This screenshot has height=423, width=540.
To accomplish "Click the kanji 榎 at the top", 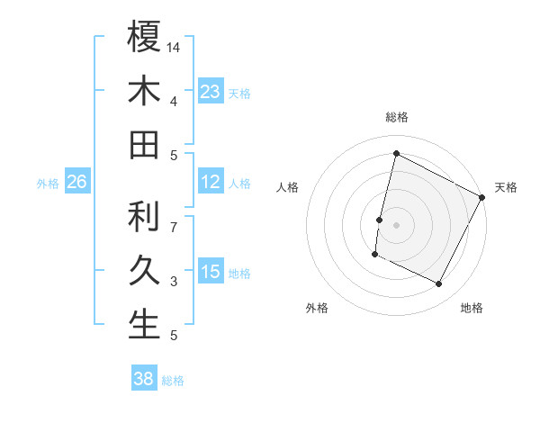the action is coord(144,37).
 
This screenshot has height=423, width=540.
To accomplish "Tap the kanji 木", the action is coord(144,91).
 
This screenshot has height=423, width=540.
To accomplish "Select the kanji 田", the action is coord(144,145).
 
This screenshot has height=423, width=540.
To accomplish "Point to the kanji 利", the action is coord(144,216).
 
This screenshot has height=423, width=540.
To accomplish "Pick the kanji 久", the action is coord(144,270).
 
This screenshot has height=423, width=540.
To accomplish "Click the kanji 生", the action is coord(144,324).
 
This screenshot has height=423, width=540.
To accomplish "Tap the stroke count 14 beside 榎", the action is coord(174,47).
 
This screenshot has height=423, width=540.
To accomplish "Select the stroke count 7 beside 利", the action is coord(174,219).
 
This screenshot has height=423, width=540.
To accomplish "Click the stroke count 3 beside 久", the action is coord(174,282).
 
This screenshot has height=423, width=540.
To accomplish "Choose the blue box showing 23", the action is coord(211,91).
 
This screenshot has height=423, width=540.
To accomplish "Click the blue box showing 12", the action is coord(211,183).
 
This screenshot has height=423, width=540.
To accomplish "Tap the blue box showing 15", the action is coord(211,272).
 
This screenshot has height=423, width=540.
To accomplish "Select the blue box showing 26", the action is coord(76,183).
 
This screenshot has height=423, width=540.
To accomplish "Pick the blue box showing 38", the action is coord(143,380).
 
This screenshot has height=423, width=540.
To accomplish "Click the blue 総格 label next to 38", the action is coord(173,381).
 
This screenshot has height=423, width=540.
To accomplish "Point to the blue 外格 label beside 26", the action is coord(48,184).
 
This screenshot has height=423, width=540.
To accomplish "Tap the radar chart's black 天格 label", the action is coord(506,187).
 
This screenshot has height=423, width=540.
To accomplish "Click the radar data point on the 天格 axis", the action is coord(482,197).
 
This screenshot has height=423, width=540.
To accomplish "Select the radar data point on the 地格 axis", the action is coord(439,284).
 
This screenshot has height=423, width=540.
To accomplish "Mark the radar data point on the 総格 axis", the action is coord(396,153).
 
